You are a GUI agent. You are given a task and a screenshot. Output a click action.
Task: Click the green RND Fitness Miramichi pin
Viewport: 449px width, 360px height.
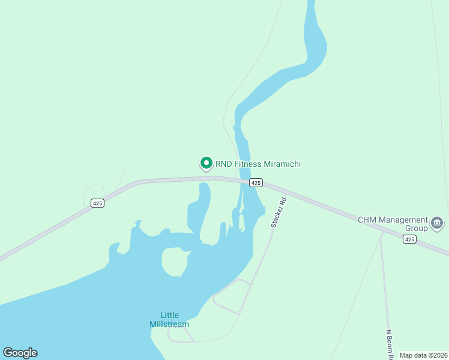[x=206, y=163]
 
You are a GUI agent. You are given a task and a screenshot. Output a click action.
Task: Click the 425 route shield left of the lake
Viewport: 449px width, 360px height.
[x=98, y=203]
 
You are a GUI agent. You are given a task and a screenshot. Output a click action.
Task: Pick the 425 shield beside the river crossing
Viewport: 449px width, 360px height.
[x=256, y=182]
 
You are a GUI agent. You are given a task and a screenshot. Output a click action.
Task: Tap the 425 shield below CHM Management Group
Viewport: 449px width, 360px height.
[x=409, y=239]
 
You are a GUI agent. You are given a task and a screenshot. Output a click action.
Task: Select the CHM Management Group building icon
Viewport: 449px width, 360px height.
[x=437, y=224]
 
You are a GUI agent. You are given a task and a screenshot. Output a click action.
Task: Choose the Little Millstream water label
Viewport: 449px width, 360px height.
[x=169, y=320]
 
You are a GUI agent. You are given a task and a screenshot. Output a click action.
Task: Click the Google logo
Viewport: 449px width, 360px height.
[x=20, y=353]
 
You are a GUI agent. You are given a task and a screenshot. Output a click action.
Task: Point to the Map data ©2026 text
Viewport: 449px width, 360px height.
[x=423, y=355]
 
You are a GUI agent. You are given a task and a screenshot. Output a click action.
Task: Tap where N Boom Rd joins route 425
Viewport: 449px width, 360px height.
[x=381, y=232]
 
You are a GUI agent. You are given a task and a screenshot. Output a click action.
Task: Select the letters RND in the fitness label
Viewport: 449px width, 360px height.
[x=224, y=164]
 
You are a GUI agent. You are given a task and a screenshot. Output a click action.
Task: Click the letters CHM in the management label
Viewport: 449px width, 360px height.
[x=366, y=220]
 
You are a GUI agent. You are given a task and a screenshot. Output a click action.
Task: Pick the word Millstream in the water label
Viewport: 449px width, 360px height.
[x=169, y=324]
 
